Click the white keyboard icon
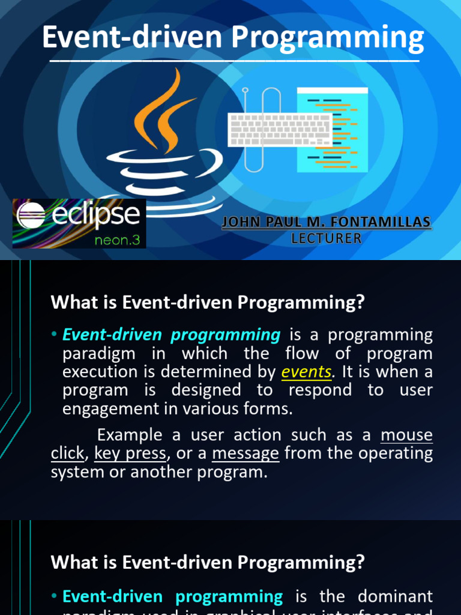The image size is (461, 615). click(x=280, y=130)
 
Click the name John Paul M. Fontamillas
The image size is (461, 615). click(x=327, y=223)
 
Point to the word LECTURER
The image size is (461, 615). click(x=327, y=238)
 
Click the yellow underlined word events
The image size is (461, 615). click(x=306, y=372)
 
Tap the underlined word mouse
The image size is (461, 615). click(x=406, y=435)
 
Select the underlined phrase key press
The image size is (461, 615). click(x=130, y=453)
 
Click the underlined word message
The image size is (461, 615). click(x=246, y=453)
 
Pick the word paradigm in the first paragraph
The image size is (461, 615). click(x=99, y=353)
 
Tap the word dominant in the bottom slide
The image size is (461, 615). click(x=395, y=596)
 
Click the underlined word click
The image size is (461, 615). click(x=67, y=453)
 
